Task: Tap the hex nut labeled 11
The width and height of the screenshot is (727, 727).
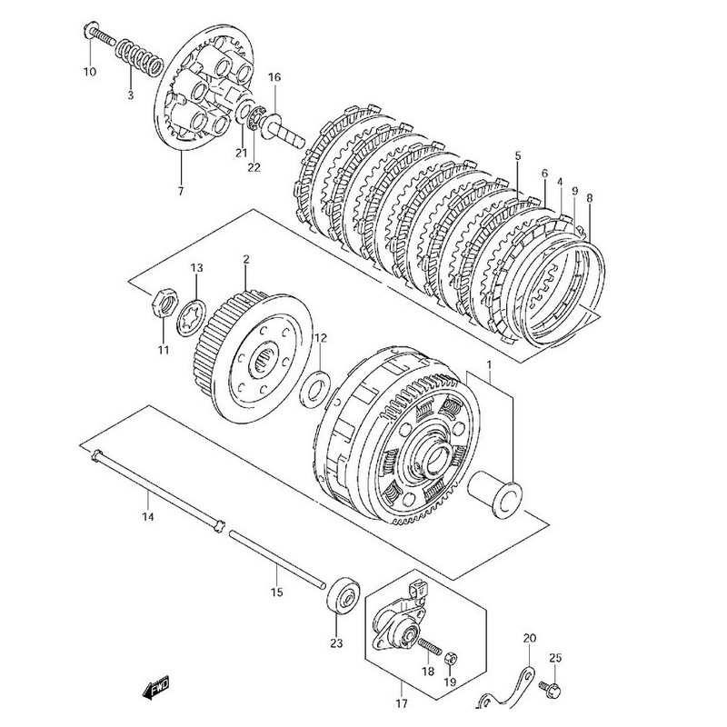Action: (162, 299)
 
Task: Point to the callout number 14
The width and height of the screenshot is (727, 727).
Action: (148, 517)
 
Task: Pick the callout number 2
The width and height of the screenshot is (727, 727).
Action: (244, 259)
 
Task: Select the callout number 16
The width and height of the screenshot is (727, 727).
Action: (274, 77)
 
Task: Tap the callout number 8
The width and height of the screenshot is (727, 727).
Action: (589, 197)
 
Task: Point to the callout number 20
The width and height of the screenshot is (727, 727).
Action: (530, 639)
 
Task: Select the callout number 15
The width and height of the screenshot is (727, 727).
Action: (277, 592)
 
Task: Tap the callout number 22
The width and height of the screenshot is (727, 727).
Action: (254, 166)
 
